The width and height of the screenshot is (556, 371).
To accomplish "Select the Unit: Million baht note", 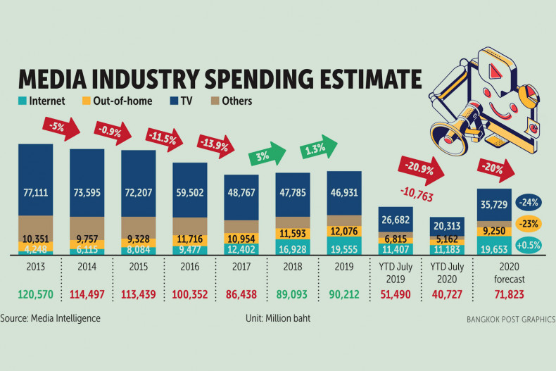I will pyautogui.click(x=278, y=318).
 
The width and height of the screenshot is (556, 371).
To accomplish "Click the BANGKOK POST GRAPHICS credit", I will pyautogui.click(x=510, y=319).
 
